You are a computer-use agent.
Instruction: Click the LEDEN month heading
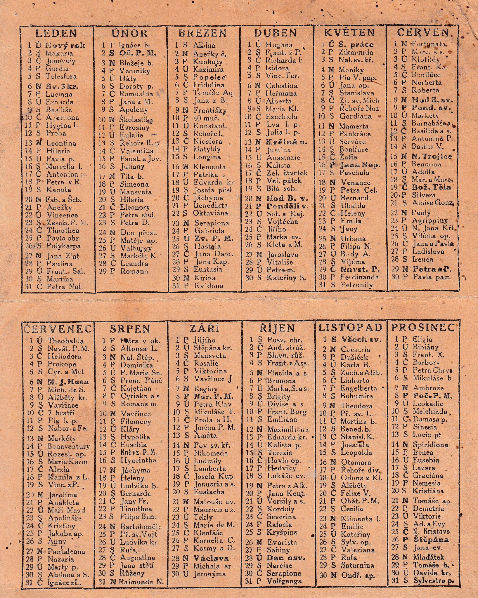pos(56,33)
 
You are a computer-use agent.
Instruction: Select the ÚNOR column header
pos(130,33)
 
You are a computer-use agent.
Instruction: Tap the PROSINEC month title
pos(423,328)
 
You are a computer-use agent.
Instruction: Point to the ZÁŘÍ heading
pos(204,328)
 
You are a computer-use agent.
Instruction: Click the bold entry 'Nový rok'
pos(65,45)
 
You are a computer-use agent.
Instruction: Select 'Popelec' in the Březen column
pos(209,77)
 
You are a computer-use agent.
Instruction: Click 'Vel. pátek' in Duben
pos(284,181)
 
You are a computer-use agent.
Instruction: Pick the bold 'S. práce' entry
pos(356,45)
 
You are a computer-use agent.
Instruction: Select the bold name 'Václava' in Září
pos(211,558)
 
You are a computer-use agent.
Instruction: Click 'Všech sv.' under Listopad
pos(361,340)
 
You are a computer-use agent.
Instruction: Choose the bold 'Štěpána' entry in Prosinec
pos(431,540)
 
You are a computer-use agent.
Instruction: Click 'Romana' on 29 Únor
pos(134,271)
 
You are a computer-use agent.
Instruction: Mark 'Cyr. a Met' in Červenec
pos(66,372)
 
